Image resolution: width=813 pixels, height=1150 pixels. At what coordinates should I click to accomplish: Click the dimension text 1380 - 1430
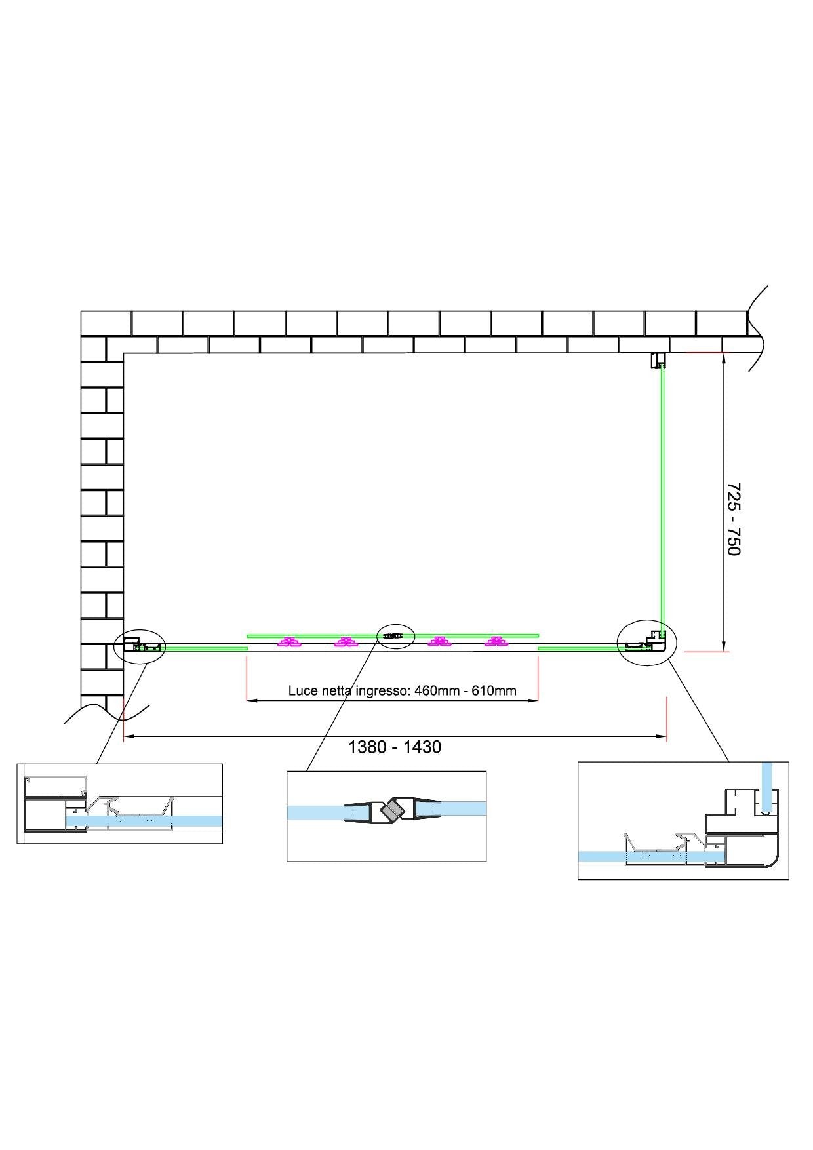(x=394, y=747)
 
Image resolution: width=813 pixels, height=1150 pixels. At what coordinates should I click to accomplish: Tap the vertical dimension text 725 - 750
(x=734, y=519)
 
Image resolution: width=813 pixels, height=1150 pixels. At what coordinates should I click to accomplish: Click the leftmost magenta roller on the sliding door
(x=288, y=642)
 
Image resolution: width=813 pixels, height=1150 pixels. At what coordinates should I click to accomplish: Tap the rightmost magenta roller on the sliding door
(x=496, y=642)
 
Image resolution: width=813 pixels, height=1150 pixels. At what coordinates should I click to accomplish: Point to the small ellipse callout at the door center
(x=396, y=636)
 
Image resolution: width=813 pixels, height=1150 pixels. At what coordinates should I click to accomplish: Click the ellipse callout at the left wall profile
(x=140, y=646)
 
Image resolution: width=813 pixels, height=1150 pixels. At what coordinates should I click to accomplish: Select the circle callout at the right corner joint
(x=646, y=643)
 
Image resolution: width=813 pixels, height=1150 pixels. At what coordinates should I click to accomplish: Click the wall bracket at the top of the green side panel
(x=658, y=361)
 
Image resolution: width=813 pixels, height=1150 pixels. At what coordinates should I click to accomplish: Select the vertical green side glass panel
(x=662, y=498)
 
